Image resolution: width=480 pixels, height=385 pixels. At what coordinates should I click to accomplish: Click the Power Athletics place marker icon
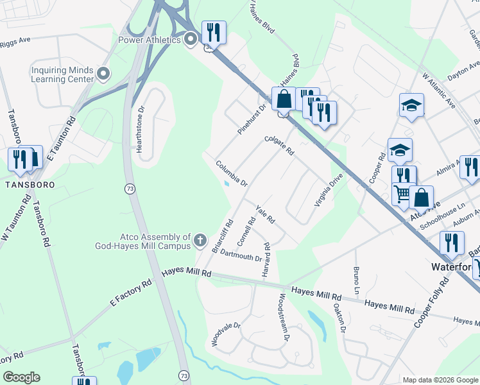(x=190, y=40)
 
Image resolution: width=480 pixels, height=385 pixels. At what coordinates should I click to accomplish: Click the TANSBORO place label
(x=27, y=184)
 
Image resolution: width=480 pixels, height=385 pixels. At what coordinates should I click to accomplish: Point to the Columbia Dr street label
(x=232, y=173)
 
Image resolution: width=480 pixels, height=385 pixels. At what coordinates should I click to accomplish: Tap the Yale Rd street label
(x=265, y=216)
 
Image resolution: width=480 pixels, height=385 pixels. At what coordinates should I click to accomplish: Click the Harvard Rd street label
(x=266, y=261)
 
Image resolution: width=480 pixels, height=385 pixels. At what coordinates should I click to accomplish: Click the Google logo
(x=21, y=377)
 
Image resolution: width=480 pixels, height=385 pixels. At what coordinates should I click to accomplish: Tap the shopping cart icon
(x=402, y=193)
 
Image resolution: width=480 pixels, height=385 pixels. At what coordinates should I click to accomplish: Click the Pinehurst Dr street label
(x=252, y=119)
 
